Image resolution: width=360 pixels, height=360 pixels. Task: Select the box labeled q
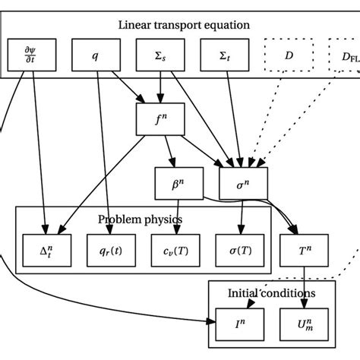click(95, 56)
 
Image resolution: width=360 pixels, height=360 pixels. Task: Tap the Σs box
click(159, 56)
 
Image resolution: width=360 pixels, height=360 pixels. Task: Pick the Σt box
click(223, 56)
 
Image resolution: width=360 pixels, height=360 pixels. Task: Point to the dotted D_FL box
click(344, 56)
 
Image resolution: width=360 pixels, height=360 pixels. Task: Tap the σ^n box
click(242, 183)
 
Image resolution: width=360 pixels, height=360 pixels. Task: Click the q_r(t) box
click(112, 248)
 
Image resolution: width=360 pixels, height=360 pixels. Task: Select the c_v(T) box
click(177, 248)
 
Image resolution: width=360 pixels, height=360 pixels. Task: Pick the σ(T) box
click(242, 248)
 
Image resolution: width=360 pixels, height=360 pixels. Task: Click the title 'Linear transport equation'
click(184, 25)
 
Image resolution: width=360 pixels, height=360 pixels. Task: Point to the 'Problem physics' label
click(141, 219)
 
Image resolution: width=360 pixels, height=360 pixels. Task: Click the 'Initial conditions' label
click(272, 292)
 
